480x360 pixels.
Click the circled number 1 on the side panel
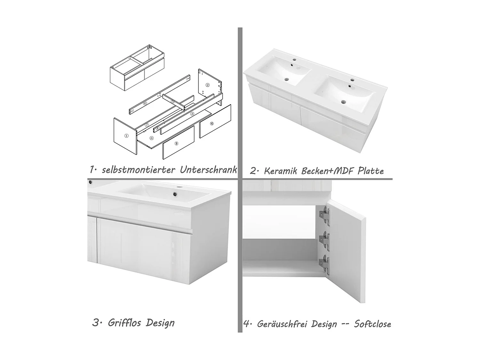pyautogui.click(x=126, y=136)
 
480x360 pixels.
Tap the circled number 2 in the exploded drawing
pyautogui.click(x=208, y=85)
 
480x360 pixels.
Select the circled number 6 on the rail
pyautogui.click(x=145, y=103)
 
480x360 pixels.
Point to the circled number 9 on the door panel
pyautogui.click(x=176, y=143)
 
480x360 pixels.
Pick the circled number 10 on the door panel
pyautogui.click(x=212, y=124)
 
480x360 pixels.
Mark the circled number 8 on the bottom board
pyautogui.click(x=151, y=138)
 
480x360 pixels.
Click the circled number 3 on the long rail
pyautogui.click(x=192, y=114)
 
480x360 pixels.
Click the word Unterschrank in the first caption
pyautogui.click(x=208, y=170)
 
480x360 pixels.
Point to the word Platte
pyautogui.click(x=371, y=171)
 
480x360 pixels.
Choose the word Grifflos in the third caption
pyautogui.click(x=124, y=323)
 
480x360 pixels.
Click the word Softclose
pyautogui.click(x=372, y=324)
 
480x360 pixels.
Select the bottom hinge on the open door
pyautogui.click(x=325, y=265)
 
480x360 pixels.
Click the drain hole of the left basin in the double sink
pyautogui.click(x=287, y=80)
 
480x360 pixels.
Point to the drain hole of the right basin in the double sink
pyautogui.click(x=344, y=102)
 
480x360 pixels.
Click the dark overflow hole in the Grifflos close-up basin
pyautogui.click(x=175, y=194)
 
